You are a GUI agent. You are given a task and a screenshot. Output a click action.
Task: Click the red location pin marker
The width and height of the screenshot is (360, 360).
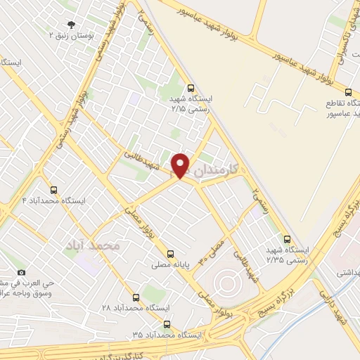coord(181,165)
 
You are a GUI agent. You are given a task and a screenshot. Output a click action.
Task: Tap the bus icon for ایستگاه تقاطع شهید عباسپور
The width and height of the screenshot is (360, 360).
coord(349,92)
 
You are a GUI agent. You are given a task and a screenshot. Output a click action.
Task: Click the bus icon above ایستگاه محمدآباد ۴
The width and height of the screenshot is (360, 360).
coord(53,190)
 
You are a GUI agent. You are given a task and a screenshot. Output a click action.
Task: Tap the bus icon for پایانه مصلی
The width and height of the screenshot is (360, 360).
coord(169,255)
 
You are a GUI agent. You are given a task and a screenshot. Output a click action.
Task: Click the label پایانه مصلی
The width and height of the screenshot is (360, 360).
coord(169,266)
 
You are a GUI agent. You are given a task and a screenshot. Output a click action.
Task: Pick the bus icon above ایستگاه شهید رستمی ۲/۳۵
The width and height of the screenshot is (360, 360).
coord(287,239)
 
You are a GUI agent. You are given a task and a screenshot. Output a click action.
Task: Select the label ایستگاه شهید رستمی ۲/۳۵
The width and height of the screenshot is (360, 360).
coord(288,255)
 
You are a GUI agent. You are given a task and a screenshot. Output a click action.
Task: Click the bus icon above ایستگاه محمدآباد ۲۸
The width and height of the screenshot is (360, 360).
coord(136,297)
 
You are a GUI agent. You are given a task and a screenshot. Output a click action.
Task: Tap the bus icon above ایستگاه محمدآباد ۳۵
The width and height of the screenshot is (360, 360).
coord(167,324)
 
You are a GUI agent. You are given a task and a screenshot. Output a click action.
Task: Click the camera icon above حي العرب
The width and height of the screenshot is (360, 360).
coord(21,272)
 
